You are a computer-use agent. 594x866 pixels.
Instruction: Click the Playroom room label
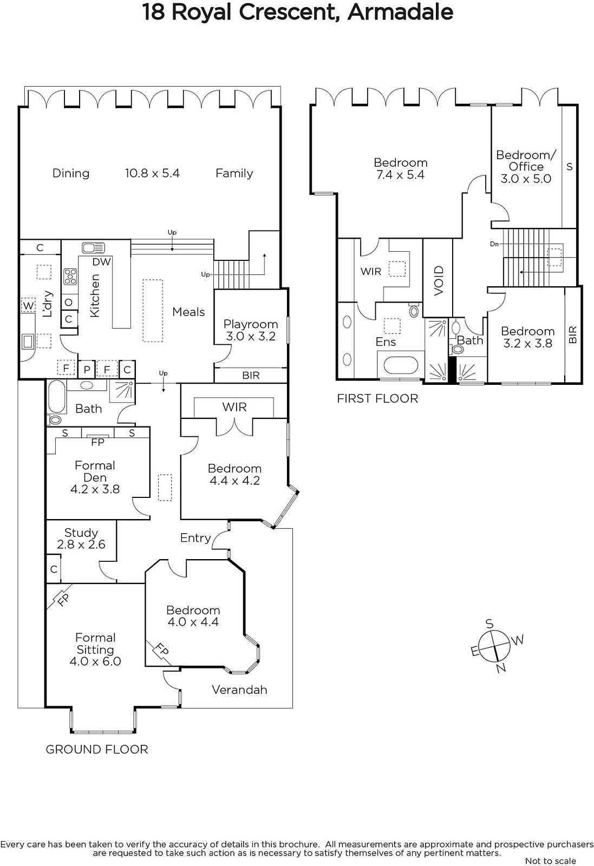coord(251,324)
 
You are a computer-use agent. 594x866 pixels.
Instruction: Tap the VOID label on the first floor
coord(439,281)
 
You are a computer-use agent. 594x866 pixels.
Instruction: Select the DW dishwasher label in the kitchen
coord(102,262)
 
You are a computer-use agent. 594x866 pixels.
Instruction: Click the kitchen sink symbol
coord(93,247)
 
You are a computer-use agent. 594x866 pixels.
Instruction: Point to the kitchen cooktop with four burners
coord(70,277)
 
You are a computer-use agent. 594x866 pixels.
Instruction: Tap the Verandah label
coord(239,690)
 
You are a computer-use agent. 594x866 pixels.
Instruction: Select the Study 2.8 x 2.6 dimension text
coord(81,544)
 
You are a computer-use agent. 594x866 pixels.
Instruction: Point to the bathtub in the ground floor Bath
coord(57,397)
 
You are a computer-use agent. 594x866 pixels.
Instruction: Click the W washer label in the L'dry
coord(28,306)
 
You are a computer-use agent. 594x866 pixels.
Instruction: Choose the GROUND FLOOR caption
coord(97,750)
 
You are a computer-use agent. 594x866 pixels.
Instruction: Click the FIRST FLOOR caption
coord(377,398)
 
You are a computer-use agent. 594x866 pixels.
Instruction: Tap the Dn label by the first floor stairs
coord(494,244)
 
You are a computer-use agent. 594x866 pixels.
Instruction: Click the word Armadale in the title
coord(400,12)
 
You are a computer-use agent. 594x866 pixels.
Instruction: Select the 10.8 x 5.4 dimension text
coord(152,173)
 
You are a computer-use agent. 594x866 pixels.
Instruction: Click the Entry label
coord(195,538)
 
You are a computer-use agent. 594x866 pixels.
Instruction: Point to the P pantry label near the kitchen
coord(87,370)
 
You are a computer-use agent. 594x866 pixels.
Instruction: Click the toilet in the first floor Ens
coord(414,310)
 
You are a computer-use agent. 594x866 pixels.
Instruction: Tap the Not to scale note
coord(551,861)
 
